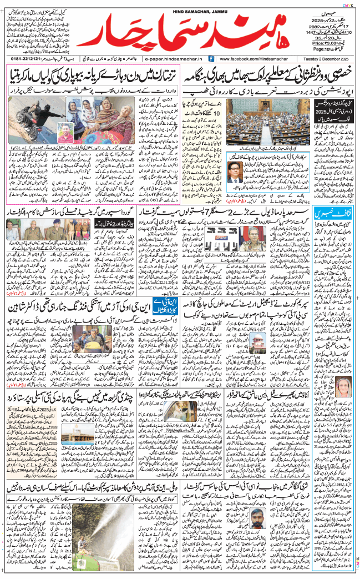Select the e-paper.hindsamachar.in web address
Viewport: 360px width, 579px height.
click(174, 58)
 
